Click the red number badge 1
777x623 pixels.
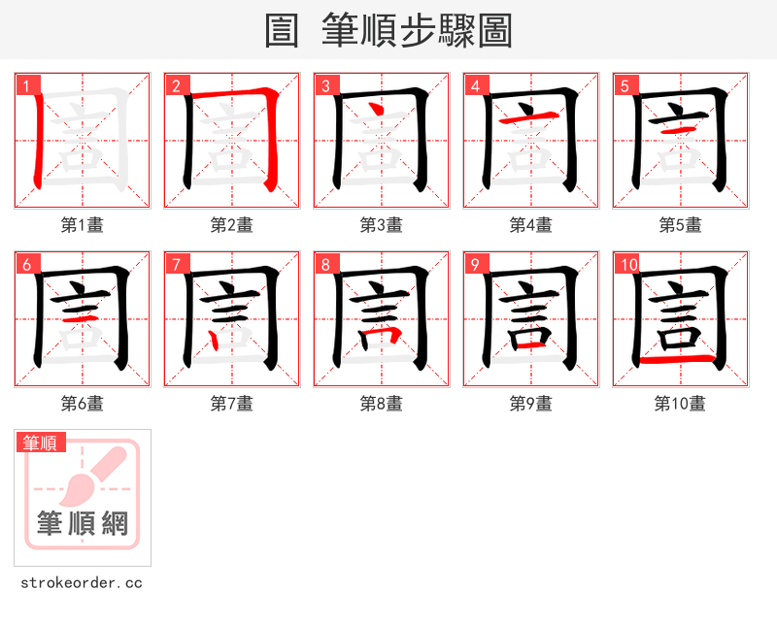[x=26, y=85]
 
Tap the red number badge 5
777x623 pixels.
[x=625, y=85]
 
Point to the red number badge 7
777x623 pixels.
[x=176, y=264]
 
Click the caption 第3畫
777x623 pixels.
[x=381, y=225]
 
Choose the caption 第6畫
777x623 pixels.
[x=82, y=404]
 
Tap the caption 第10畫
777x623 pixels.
[x=680, y=404]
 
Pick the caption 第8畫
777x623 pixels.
[x=381, y=404]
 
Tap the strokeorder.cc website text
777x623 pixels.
[x=82, y=583]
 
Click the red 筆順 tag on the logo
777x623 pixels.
[x=41, y=443]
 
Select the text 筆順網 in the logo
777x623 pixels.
[x=83, y=524]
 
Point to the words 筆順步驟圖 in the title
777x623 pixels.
[x=417, y=31]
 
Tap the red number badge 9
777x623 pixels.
[x=475, y=264]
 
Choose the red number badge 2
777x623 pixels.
[x=176, y=85]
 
